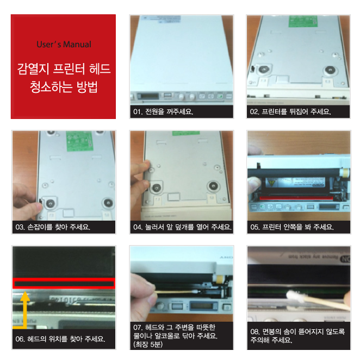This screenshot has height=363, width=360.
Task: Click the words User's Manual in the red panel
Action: (64, 44)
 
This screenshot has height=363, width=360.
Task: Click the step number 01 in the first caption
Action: (138, 112)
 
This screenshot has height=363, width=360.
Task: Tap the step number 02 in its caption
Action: (254, 112)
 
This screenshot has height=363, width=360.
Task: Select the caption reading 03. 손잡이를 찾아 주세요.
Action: (53, 227)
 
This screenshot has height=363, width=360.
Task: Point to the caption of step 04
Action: (182, 227)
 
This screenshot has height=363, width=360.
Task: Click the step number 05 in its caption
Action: (255, 227)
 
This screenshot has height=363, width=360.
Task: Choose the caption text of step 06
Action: (60, 339)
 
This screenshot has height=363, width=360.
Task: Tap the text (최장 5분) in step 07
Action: (148, 344)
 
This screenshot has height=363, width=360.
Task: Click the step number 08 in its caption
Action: (255, 331)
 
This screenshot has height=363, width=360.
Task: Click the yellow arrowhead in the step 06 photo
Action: (25, 296)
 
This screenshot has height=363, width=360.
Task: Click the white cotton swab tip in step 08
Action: (295, 297)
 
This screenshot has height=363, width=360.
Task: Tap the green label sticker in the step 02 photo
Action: (303, 21)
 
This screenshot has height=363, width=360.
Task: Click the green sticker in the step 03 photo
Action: (79, 141)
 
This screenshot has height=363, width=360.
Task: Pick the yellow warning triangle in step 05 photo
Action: (271, 183)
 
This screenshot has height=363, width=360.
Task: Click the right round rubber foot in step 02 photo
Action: (330, 70)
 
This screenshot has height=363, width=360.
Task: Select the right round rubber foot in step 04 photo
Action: (213, 185)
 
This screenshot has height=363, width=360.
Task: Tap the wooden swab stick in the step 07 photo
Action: (174, 292)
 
